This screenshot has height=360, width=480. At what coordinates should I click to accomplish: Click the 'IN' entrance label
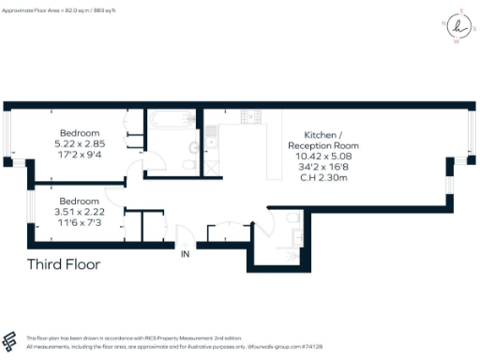point(186,253)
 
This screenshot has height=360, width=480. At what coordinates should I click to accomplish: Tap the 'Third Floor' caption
point(63,264)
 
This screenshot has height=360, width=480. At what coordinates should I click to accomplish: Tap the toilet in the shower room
point(293,220)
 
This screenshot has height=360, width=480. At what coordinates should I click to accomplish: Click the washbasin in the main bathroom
point(193,147)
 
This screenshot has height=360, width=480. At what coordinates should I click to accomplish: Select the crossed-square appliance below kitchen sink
point(213,166)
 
